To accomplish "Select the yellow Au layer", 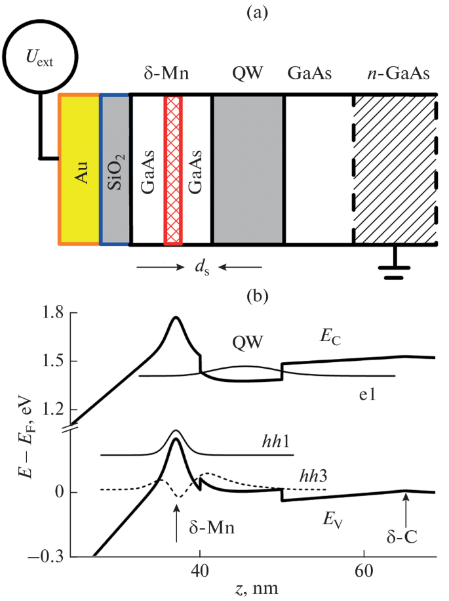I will pos(79,169).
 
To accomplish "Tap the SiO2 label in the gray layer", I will pos(115,169).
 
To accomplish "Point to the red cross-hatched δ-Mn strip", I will pos(173,169).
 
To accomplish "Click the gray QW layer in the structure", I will pos(248,169).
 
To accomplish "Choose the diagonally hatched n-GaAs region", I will pos(395,169).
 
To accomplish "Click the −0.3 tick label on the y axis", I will pos(49,557).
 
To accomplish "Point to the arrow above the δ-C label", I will pos(406,508).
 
